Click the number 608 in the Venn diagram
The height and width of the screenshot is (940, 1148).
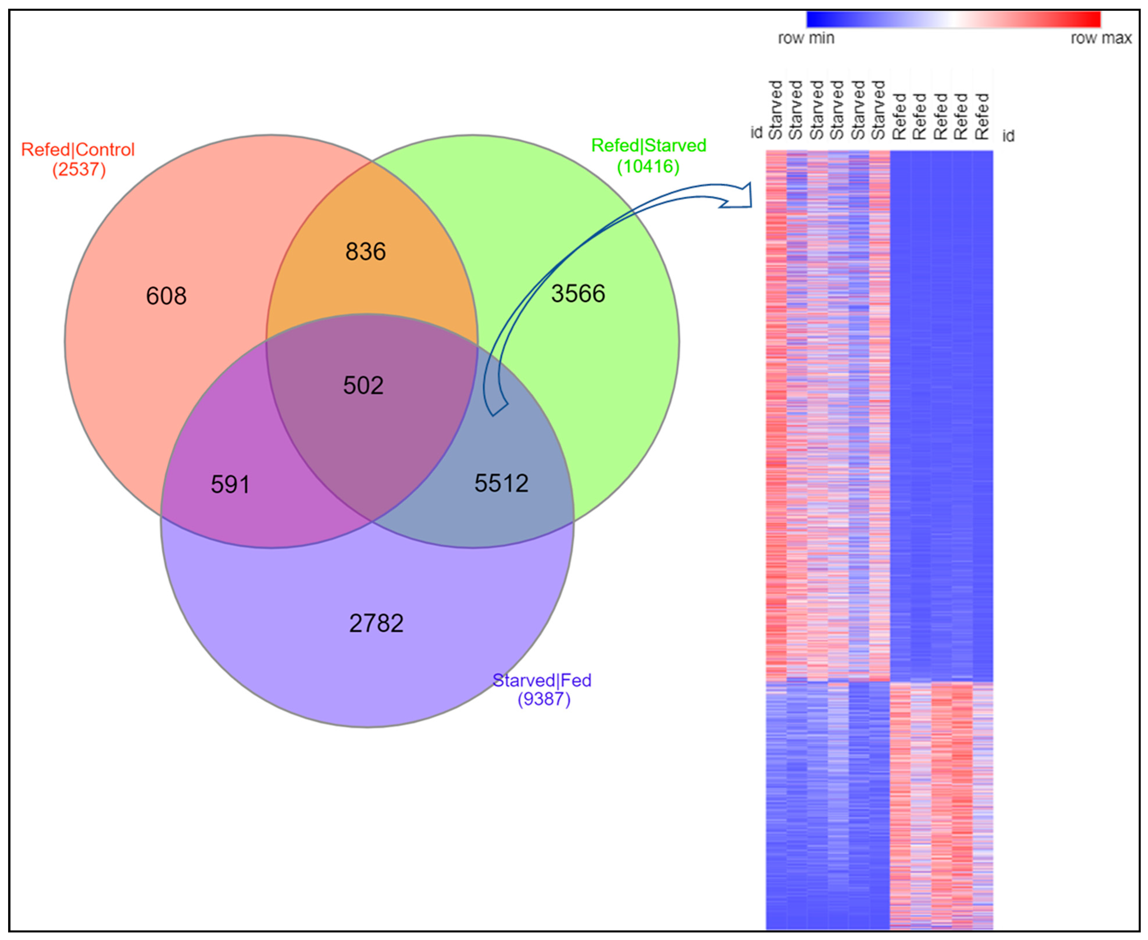166,296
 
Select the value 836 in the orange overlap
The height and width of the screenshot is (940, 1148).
366,252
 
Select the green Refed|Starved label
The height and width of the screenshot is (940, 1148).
648,146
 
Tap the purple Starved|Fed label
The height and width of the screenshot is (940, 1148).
541,681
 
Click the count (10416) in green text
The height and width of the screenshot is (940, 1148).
648,166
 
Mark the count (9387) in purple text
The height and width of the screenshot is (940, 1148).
544,700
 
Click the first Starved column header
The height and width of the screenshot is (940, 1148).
775,110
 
